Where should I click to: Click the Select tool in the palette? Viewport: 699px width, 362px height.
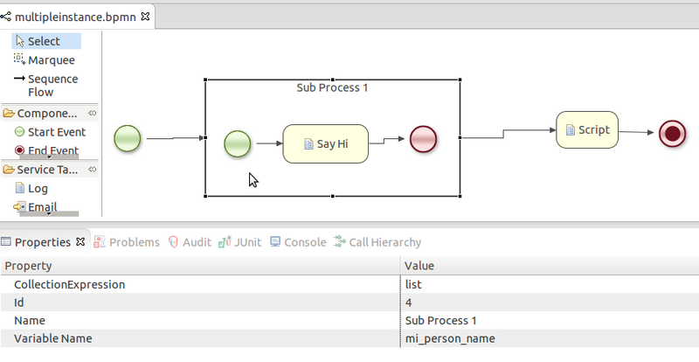click(44, 41)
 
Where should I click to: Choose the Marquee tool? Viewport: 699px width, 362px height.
click(51, 60)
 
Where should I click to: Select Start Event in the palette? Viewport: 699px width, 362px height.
click(56, 132)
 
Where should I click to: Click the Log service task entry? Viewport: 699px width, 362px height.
click(38, 188)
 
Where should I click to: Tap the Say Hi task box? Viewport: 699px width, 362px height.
click(326, 143)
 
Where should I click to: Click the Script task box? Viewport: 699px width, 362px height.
click(587, 130)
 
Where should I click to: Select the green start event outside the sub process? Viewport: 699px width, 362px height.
click(128, 138)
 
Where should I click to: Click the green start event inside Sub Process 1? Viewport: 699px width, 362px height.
click(238, 143)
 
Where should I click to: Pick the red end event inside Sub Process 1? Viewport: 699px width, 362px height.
click(423, 139)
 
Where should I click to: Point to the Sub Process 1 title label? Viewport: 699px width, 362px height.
click(331, 88)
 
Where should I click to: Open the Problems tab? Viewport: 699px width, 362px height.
click(128, 242)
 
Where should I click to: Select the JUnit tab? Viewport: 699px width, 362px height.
click(242, 242)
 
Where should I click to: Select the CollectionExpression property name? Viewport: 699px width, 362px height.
click(69, 284)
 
